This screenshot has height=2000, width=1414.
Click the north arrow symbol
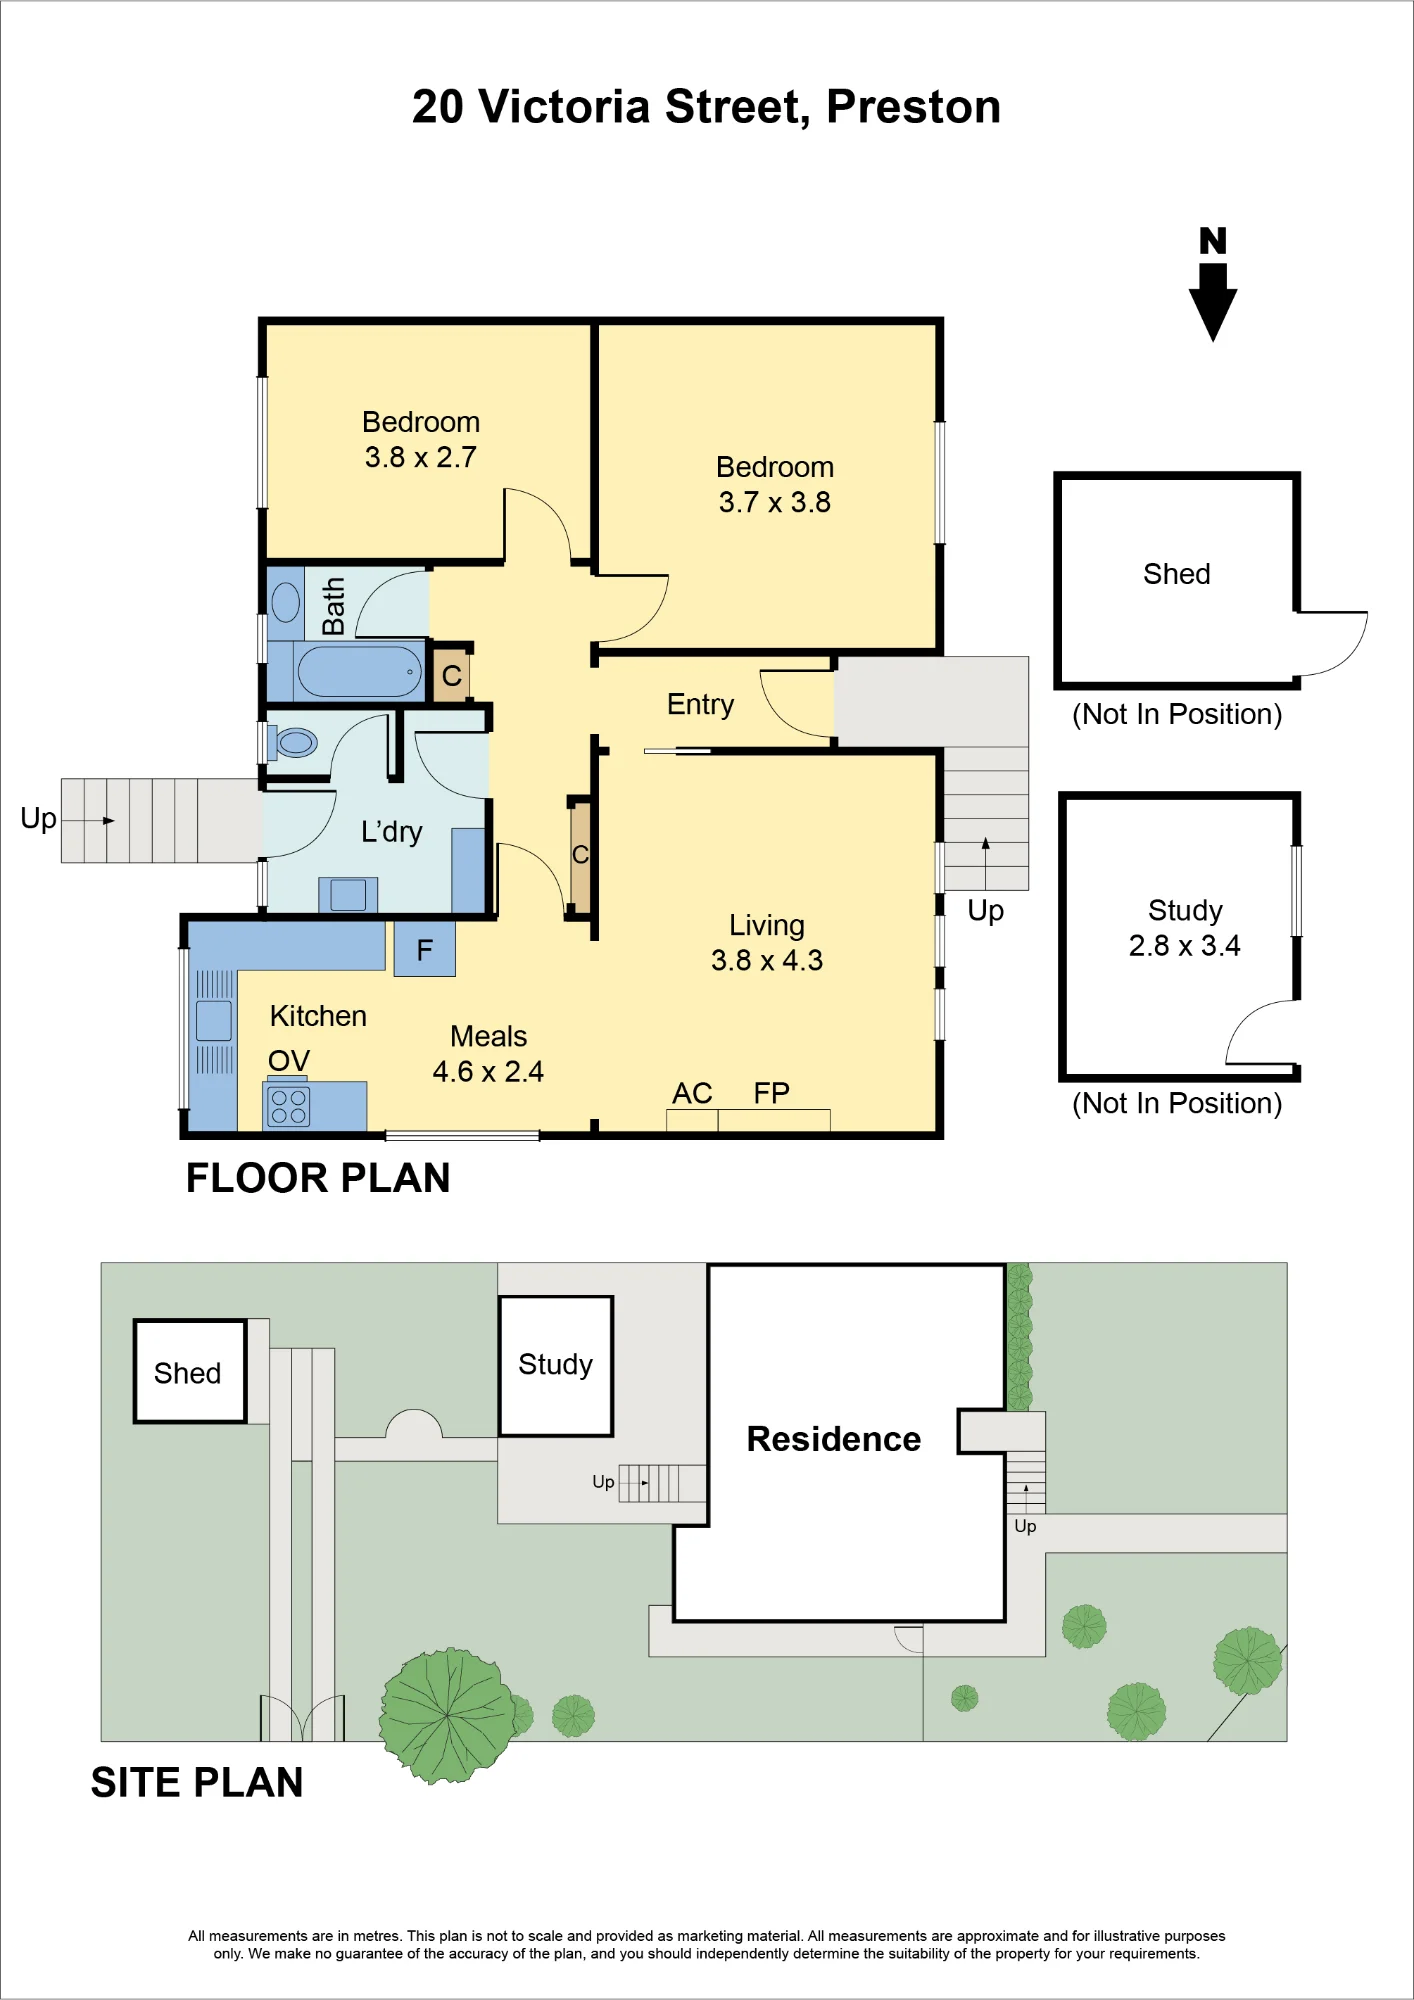click(1213, 285)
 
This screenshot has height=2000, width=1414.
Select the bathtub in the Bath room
click(360, 671)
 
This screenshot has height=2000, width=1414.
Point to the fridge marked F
click(425, 948)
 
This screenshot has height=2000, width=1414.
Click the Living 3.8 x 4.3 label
click(767, 943)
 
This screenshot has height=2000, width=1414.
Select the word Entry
click(700, 705)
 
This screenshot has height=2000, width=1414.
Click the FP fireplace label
click(772, 1093)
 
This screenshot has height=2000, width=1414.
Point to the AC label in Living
click(692, 1093)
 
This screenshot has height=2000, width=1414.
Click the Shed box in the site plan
click(190, 1371)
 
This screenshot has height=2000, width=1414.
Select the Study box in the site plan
click(556, 1366)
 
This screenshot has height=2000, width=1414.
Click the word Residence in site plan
click(834, 1439)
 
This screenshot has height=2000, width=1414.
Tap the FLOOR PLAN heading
click(318, 1178)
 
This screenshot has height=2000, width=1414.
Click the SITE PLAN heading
click(197, 1783)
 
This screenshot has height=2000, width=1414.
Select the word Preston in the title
click(914, 107)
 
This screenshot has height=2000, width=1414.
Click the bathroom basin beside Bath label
click(286, 603)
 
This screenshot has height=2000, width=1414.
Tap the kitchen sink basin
click(214, 1021)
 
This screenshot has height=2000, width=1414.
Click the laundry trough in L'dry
click(348, 894)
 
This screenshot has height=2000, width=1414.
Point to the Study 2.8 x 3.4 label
click(1185, 928)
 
